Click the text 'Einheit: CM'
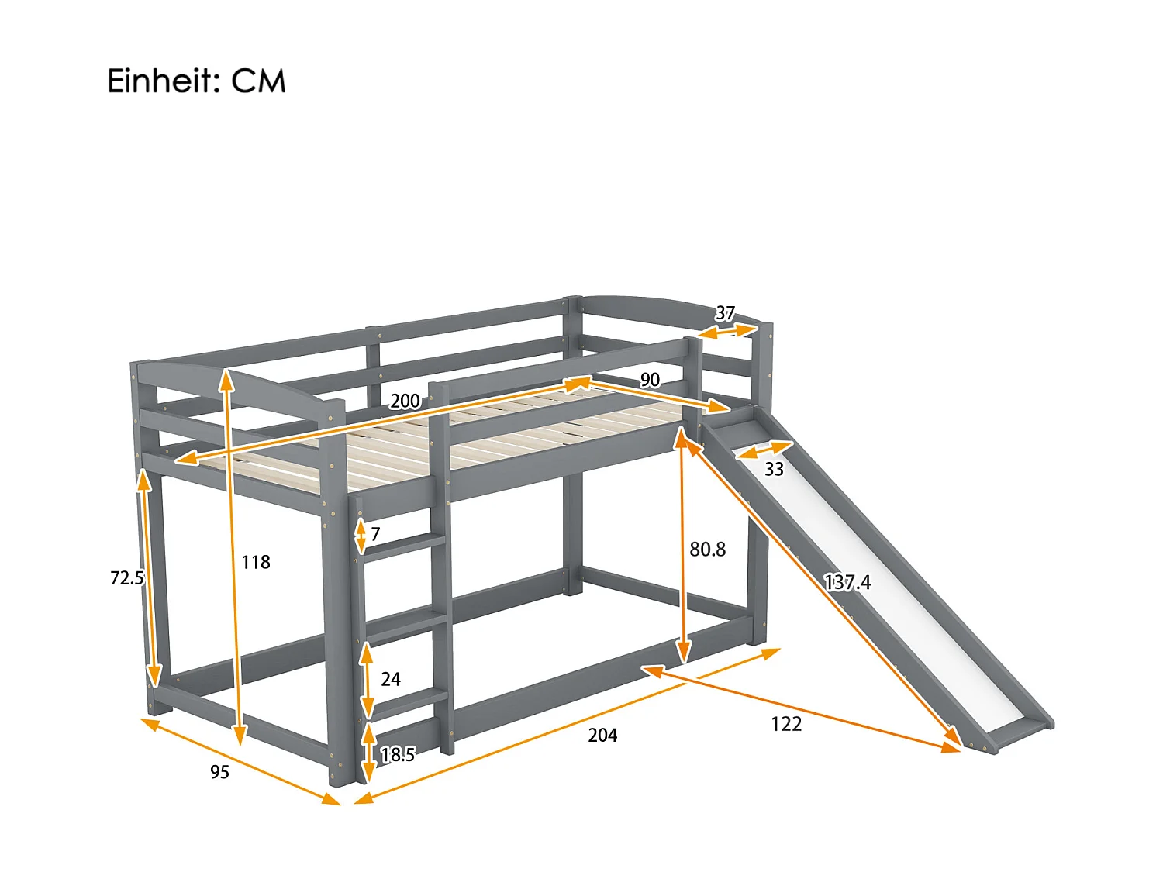tap(196, 81)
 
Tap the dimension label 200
tap(405, 401)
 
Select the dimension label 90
tap(650, 380)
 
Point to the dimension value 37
tap(725, 313)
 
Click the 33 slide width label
tap(774, 469)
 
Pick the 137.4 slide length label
tap(847, 582)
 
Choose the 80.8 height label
tap(708, 550)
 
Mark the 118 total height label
tap(256, 562)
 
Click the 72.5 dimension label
tap(127, 577)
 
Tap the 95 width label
tap(219, 772)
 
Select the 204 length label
tap(602, 736)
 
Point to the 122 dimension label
tap(786, 724)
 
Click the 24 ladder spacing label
tap(391, 679)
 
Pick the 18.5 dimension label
tap(398, 754)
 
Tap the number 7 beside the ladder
tap(375, 534)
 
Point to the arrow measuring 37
tap(726, 331)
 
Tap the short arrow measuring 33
tap(764, 450)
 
